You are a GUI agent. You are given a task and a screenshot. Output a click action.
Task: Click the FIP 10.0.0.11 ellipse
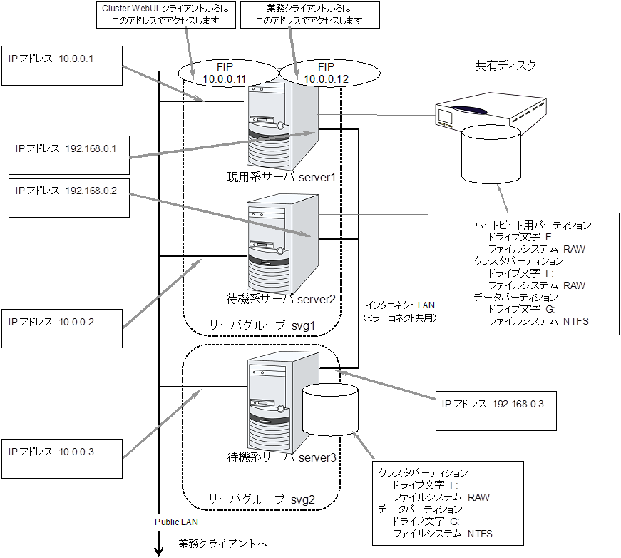(225, 73)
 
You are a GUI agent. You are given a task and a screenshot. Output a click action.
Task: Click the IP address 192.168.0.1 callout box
(68, 153)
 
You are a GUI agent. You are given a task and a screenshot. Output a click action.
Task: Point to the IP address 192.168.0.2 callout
(68, 197)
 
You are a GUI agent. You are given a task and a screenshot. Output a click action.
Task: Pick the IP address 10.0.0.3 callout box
(62, 457)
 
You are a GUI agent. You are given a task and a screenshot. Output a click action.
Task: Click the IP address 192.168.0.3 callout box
(493, 410)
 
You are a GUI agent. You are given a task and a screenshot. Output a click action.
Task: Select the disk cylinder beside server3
(330, 410)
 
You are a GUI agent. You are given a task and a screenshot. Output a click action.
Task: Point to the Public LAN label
(177, 522)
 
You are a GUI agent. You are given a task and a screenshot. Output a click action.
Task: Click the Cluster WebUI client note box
(166, 15)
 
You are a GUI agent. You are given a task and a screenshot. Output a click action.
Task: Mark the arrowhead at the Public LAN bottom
(158, 550)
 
